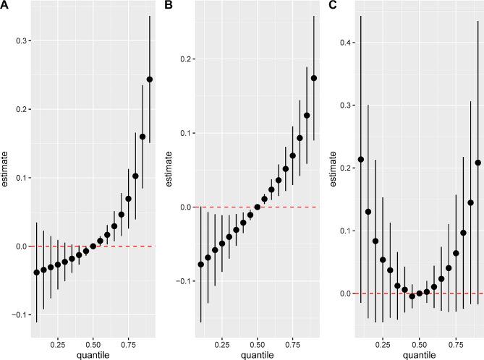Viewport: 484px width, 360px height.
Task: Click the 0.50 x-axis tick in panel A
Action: pyautogui.click(x=93, y=337)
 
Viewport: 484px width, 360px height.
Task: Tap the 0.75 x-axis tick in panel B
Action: pyautogui.click(x=293, y=337)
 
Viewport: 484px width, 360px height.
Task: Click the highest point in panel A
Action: pyautogui.click(x=150, y=80)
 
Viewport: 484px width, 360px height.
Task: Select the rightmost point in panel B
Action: pyautogui.click(x=314, y=78)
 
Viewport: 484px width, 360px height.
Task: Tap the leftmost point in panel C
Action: pyautogui.click(x=361, y=159)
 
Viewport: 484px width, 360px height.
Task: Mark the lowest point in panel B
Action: pyautogui.click(x=200, y=265)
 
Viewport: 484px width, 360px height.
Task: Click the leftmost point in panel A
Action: pyautogui.click(x=36, y=273)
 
